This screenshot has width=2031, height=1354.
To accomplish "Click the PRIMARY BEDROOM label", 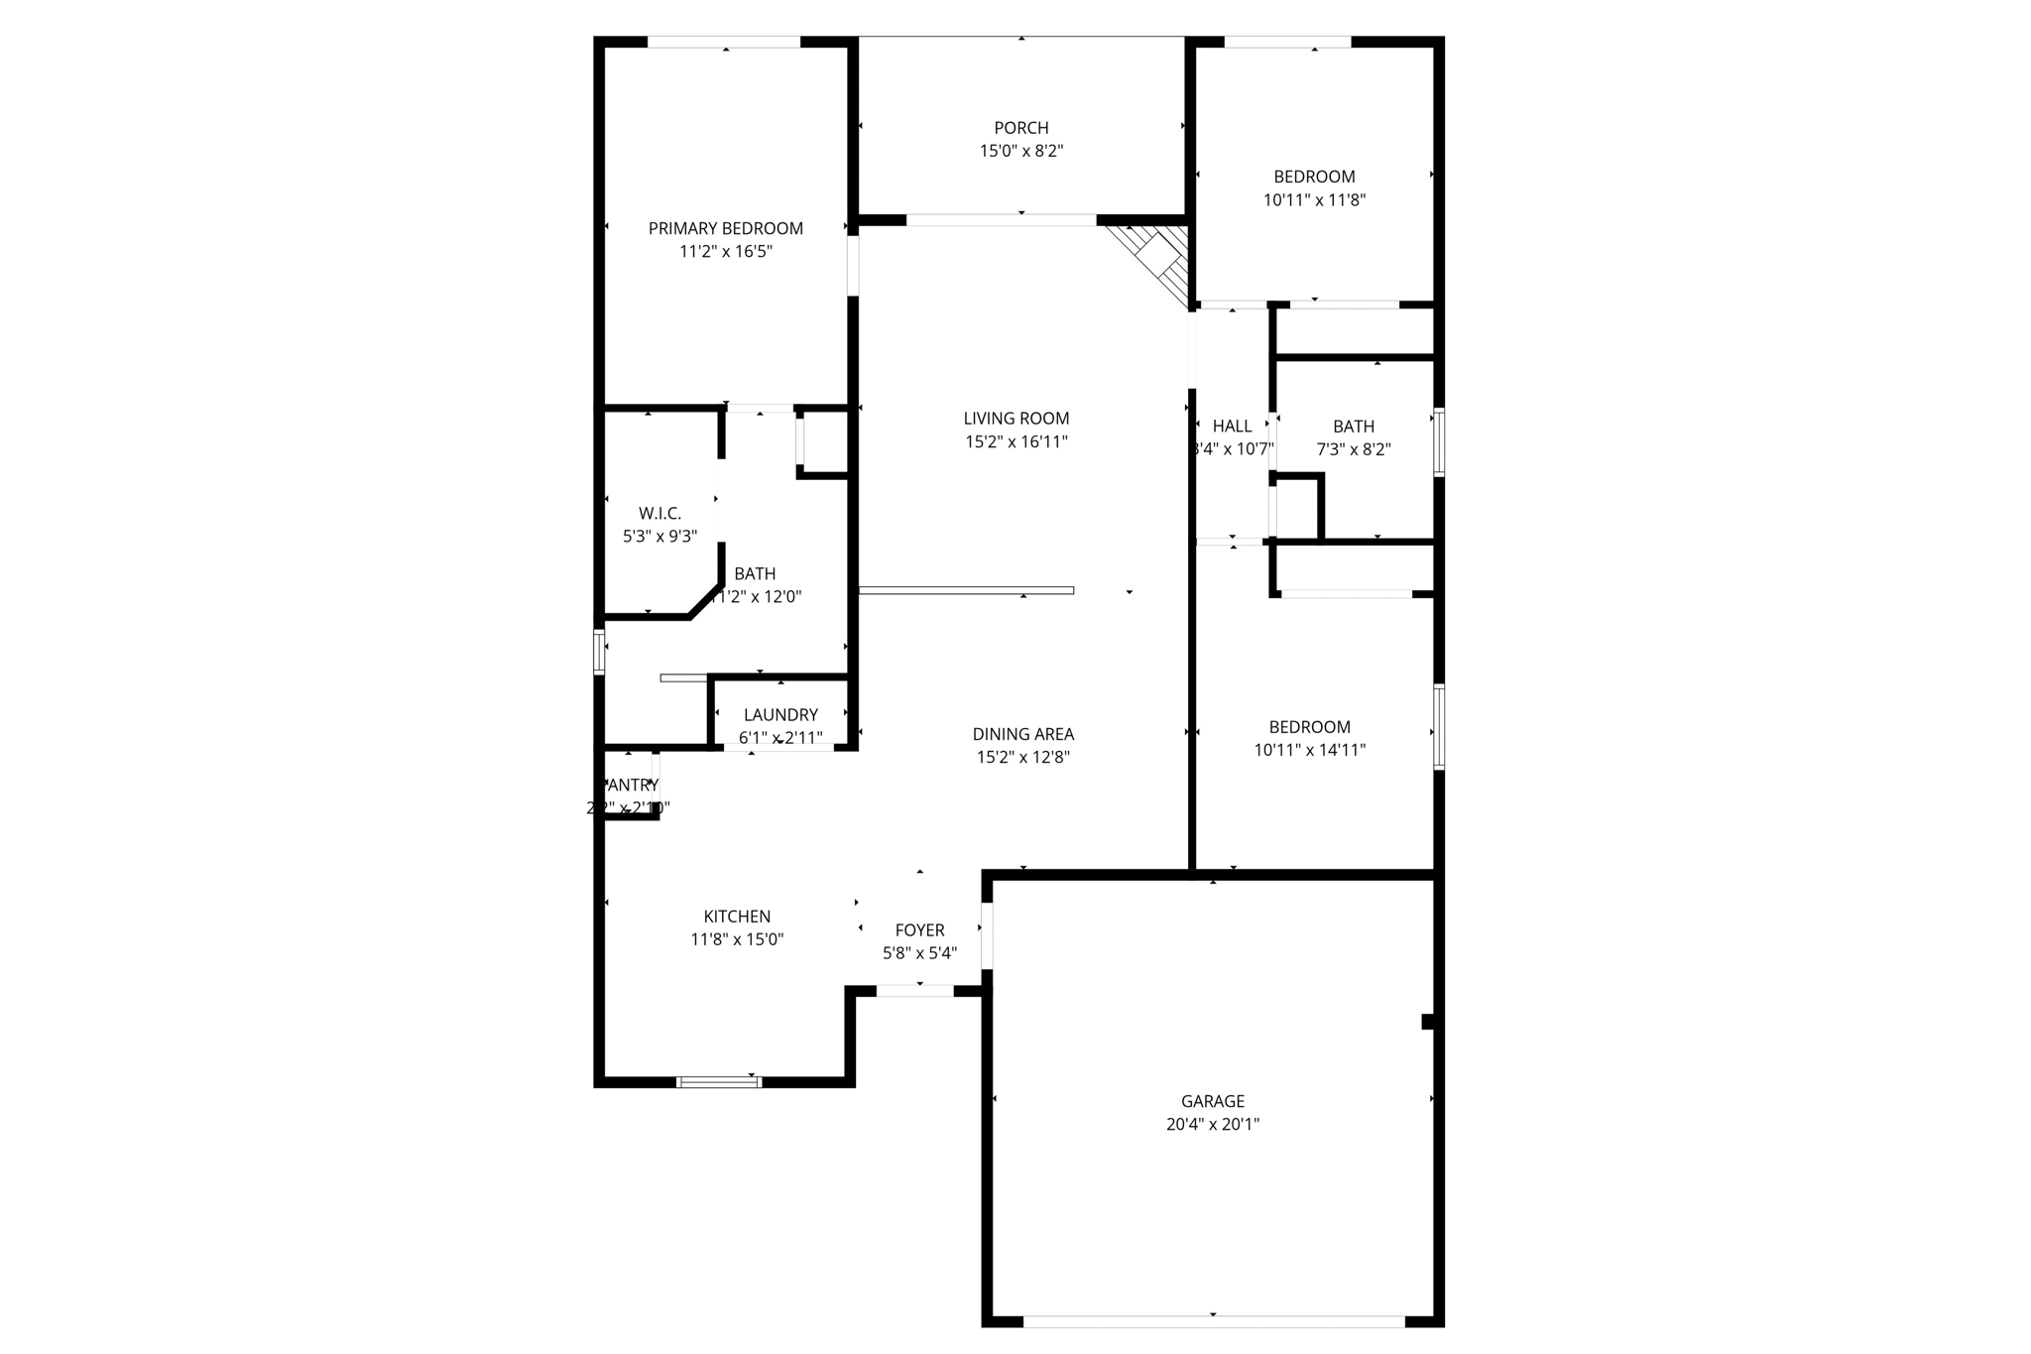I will tap(725, 228).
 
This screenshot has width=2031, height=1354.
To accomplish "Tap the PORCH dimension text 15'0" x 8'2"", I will tap(1021, 151).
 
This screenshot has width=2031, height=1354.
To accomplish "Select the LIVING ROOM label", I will tap(1016, 419).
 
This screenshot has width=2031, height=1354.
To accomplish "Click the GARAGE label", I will tap(1212, 1101).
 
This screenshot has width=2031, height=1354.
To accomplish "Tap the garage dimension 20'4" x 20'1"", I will tap(1212, 1125).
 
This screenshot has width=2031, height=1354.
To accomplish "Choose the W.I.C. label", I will tap(659, 513).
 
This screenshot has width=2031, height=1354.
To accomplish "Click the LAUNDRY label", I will tap(780, 714).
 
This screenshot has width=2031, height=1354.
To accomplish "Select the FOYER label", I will tap(919, 930).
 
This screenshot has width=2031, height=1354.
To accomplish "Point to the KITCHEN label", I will tap(737, 917).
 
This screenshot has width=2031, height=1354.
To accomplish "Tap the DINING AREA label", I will tap(1022, 734).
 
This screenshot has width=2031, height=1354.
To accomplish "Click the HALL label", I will tap(1232, 426).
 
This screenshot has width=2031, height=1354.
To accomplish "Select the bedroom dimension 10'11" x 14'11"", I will tap(1309, 751).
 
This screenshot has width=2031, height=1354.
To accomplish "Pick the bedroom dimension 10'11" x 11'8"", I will tap(1314, 200).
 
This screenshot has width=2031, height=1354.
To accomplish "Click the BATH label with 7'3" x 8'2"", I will tap(1353, 427).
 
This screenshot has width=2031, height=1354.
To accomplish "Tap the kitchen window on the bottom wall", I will tap(719, 1081).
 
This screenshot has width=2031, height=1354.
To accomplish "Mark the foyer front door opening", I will tap(914, 991).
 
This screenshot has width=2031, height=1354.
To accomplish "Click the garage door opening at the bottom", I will tap(1213, 1321).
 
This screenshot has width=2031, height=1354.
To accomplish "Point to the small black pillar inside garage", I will tap(1428, 1022).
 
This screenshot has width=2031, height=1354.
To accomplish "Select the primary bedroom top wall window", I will tap(724, 43).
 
